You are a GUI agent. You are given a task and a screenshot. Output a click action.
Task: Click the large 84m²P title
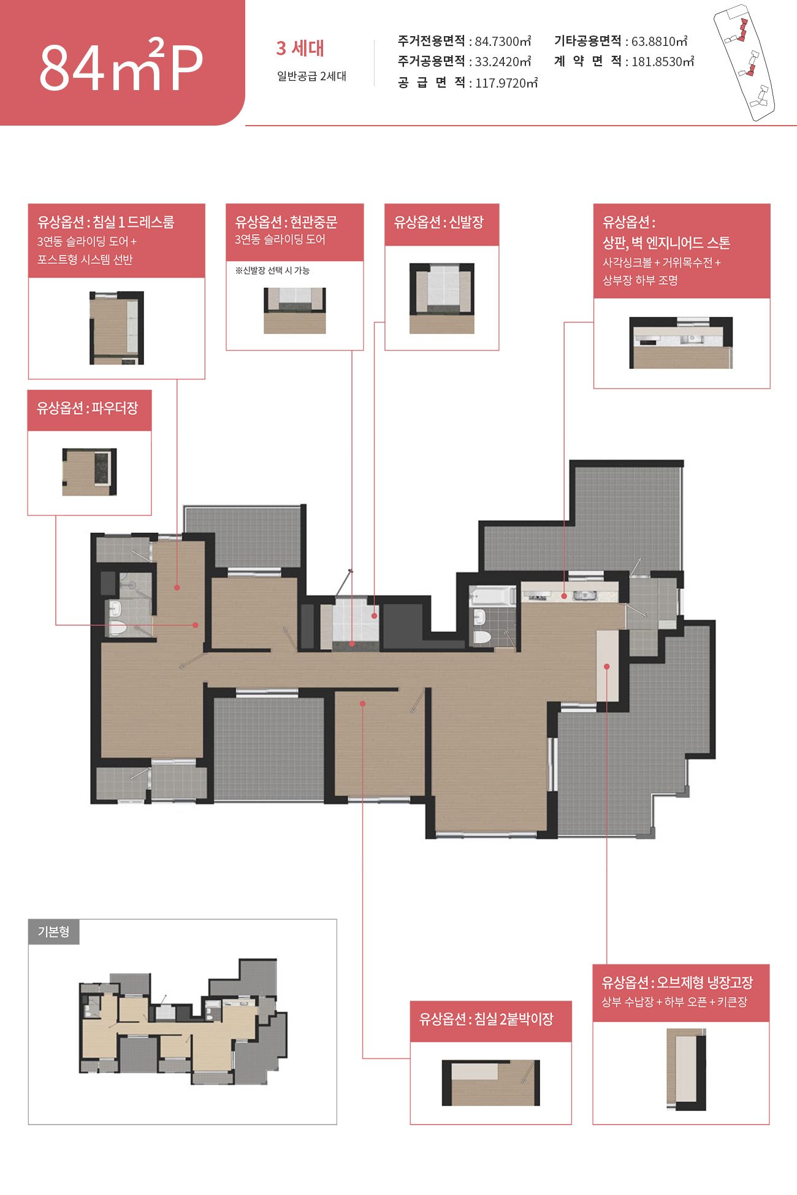click(121, 64)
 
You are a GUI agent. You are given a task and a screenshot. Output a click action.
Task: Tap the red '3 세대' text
click(300, 48)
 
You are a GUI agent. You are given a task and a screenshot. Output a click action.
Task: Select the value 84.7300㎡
click(503, 41)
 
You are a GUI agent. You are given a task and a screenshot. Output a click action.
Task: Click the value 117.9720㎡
click(506, 83)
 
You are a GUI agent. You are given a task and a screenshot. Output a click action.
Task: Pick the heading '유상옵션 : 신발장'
click(439, 222)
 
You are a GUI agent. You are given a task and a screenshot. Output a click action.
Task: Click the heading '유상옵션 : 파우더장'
click(88, 408)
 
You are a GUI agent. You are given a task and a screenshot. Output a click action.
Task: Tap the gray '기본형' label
click(54, 931)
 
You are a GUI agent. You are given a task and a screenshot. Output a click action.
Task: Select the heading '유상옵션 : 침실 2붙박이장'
click(486, 1019)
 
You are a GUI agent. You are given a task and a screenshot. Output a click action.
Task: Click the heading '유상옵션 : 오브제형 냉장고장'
click(677, 982)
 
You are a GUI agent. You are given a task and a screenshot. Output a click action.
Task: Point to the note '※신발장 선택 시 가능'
click(272, 270)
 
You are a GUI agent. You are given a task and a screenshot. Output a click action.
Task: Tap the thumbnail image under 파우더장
click(90, 472)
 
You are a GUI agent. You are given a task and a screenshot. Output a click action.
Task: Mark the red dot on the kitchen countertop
click(564, 596)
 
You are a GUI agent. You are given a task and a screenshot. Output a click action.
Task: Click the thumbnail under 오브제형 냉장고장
click(686, 1069)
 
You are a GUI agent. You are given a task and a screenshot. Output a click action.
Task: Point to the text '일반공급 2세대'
click(311, 76)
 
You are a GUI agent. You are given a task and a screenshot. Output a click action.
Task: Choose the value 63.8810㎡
click(659, 41)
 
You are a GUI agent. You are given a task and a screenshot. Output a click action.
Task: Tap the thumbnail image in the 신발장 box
click(442, 298)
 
